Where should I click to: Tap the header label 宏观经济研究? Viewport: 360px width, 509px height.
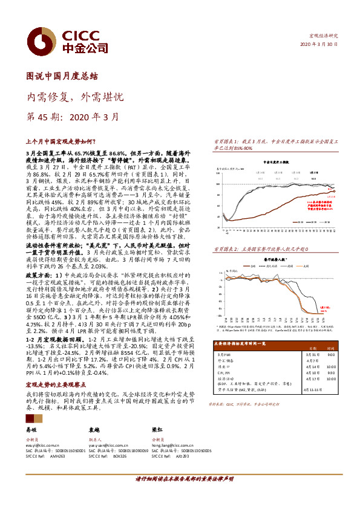(324, 36)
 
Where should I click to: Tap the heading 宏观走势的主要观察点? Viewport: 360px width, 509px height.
(54, 384)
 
